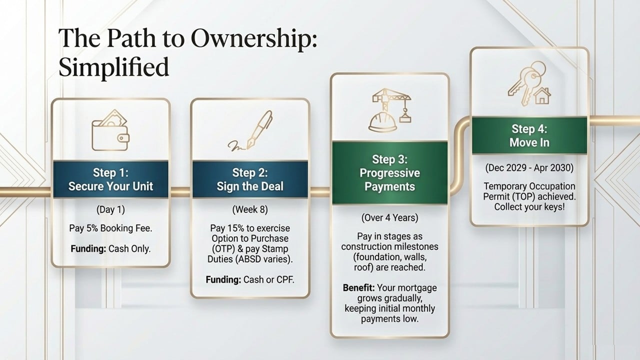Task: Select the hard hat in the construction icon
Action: (382, 121)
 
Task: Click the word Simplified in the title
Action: (114, 67)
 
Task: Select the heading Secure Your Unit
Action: (110, 186)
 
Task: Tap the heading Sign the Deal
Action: (250, 186)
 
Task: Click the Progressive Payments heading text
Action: (389, 180)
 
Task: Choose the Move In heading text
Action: (529, 142)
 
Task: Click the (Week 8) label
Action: (250, 209)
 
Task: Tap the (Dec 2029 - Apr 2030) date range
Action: (529, 168)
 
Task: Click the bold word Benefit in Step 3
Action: (358, 288)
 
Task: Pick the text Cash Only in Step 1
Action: (129, 248)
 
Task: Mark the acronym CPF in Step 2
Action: (283, 279)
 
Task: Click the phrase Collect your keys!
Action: (529, 206)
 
